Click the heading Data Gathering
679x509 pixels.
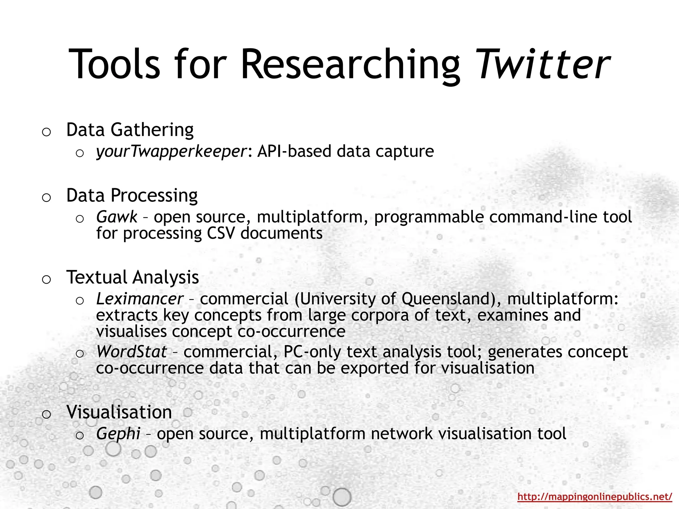click(130, 130)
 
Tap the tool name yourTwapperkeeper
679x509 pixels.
click(171, 151)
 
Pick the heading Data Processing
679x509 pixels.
click(132, 195)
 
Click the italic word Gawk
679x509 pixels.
click(116, 217)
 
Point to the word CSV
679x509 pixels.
click(221, 233)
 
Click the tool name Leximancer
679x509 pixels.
click(139, 299)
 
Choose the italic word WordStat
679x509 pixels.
click(131, 352)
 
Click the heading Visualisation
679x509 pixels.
click(119, 412)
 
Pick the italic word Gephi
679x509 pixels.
click(118, 434)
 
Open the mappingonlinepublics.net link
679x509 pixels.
click(595, 496)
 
